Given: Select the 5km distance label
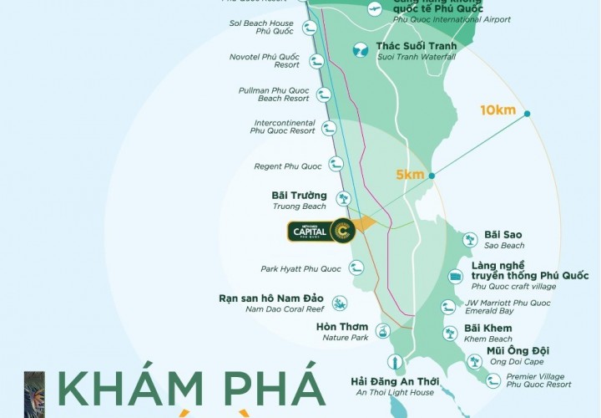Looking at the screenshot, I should click(x=411, y=174).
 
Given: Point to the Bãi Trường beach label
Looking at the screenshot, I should click(x=300, y=196).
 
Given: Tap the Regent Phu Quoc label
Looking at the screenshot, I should click(x=288, y=166).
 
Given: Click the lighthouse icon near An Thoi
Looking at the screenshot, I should click(x=391, y=362).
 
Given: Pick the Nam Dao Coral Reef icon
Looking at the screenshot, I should click(x=339, y=303).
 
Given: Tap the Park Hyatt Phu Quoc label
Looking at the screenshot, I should click(x=301, y=268).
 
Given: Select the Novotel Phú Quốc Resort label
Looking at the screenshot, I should click(x=264, y=60).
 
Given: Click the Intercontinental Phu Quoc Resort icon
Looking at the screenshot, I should click(x=329, y=128).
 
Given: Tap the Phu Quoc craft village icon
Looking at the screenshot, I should click(x=455, y=276).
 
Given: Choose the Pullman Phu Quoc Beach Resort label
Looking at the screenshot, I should click(x=273, y=94).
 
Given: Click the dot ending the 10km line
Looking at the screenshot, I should click(x=526, y=114).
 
